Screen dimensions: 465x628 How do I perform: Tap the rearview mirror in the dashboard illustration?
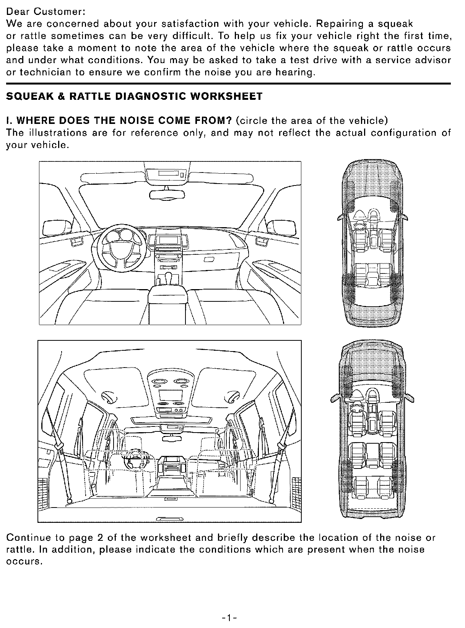(x=163, y=195)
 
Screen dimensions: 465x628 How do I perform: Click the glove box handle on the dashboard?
(x=210, y=260)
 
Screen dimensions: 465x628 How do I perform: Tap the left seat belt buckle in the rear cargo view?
(x=59, y=446)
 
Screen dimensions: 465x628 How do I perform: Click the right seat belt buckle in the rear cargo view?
(x=281, y=446)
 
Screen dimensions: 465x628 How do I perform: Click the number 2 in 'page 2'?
(x=100, y=538)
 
